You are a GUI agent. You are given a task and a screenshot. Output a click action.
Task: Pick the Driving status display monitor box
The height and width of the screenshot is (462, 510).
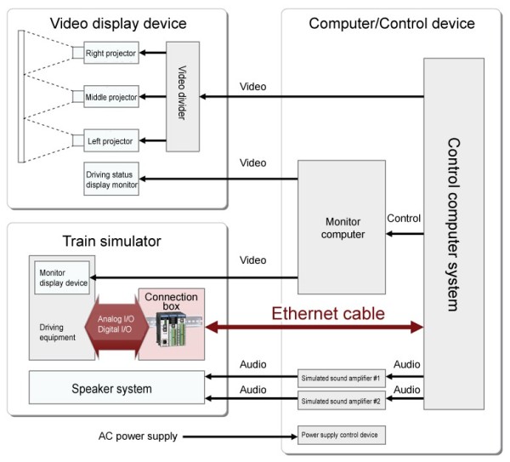[x=111, y=179]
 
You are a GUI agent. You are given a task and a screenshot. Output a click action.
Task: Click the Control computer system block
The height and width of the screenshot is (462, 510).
[x=454, y=234]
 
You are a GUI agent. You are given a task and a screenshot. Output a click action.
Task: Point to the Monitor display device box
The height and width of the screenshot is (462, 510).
[x=62, y=279]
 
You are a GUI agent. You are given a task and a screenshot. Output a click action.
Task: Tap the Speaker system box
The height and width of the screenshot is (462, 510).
[x=116, y=388]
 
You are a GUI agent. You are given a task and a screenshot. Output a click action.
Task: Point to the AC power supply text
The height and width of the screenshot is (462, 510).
[x=137, y=436]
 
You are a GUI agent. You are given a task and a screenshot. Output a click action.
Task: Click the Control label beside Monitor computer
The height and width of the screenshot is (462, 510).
[x=404, y=219]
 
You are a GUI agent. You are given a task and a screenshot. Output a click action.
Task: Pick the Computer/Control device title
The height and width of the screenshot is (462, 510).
[x=391, y=23]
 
